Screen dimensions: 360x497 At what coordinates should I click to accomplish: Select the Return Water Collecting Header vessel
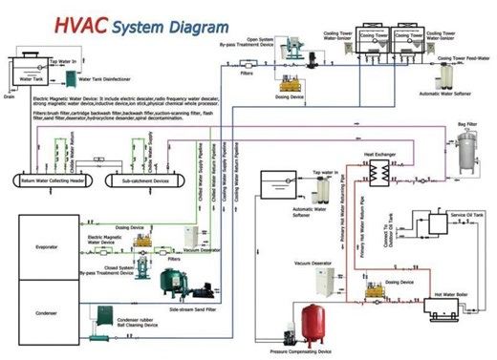coord(49,179)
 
